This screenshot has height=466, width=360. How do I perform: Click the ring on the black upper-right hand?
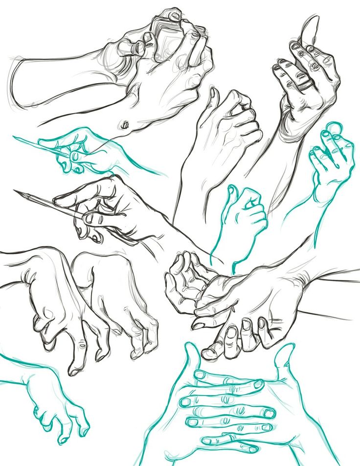pos(304,83)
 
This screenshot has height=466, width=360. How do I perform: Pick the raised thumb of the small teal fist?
pos(231,193)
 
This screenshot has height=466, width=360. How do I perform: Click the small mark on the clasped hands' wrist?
pos(126,125)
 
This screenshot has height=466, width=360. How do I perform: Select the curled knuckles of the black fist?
pos(247,117)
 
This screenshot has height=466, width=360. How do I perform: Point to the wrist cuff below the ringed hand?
pos(291,130)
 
